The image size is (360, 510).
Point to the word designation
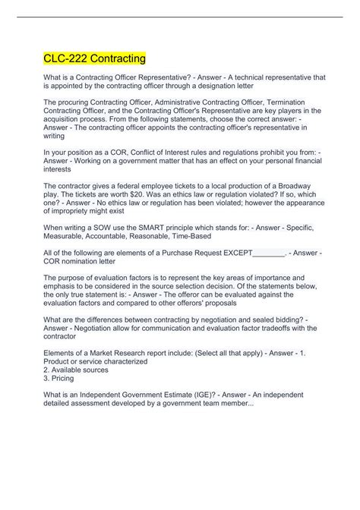(237, 86)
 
